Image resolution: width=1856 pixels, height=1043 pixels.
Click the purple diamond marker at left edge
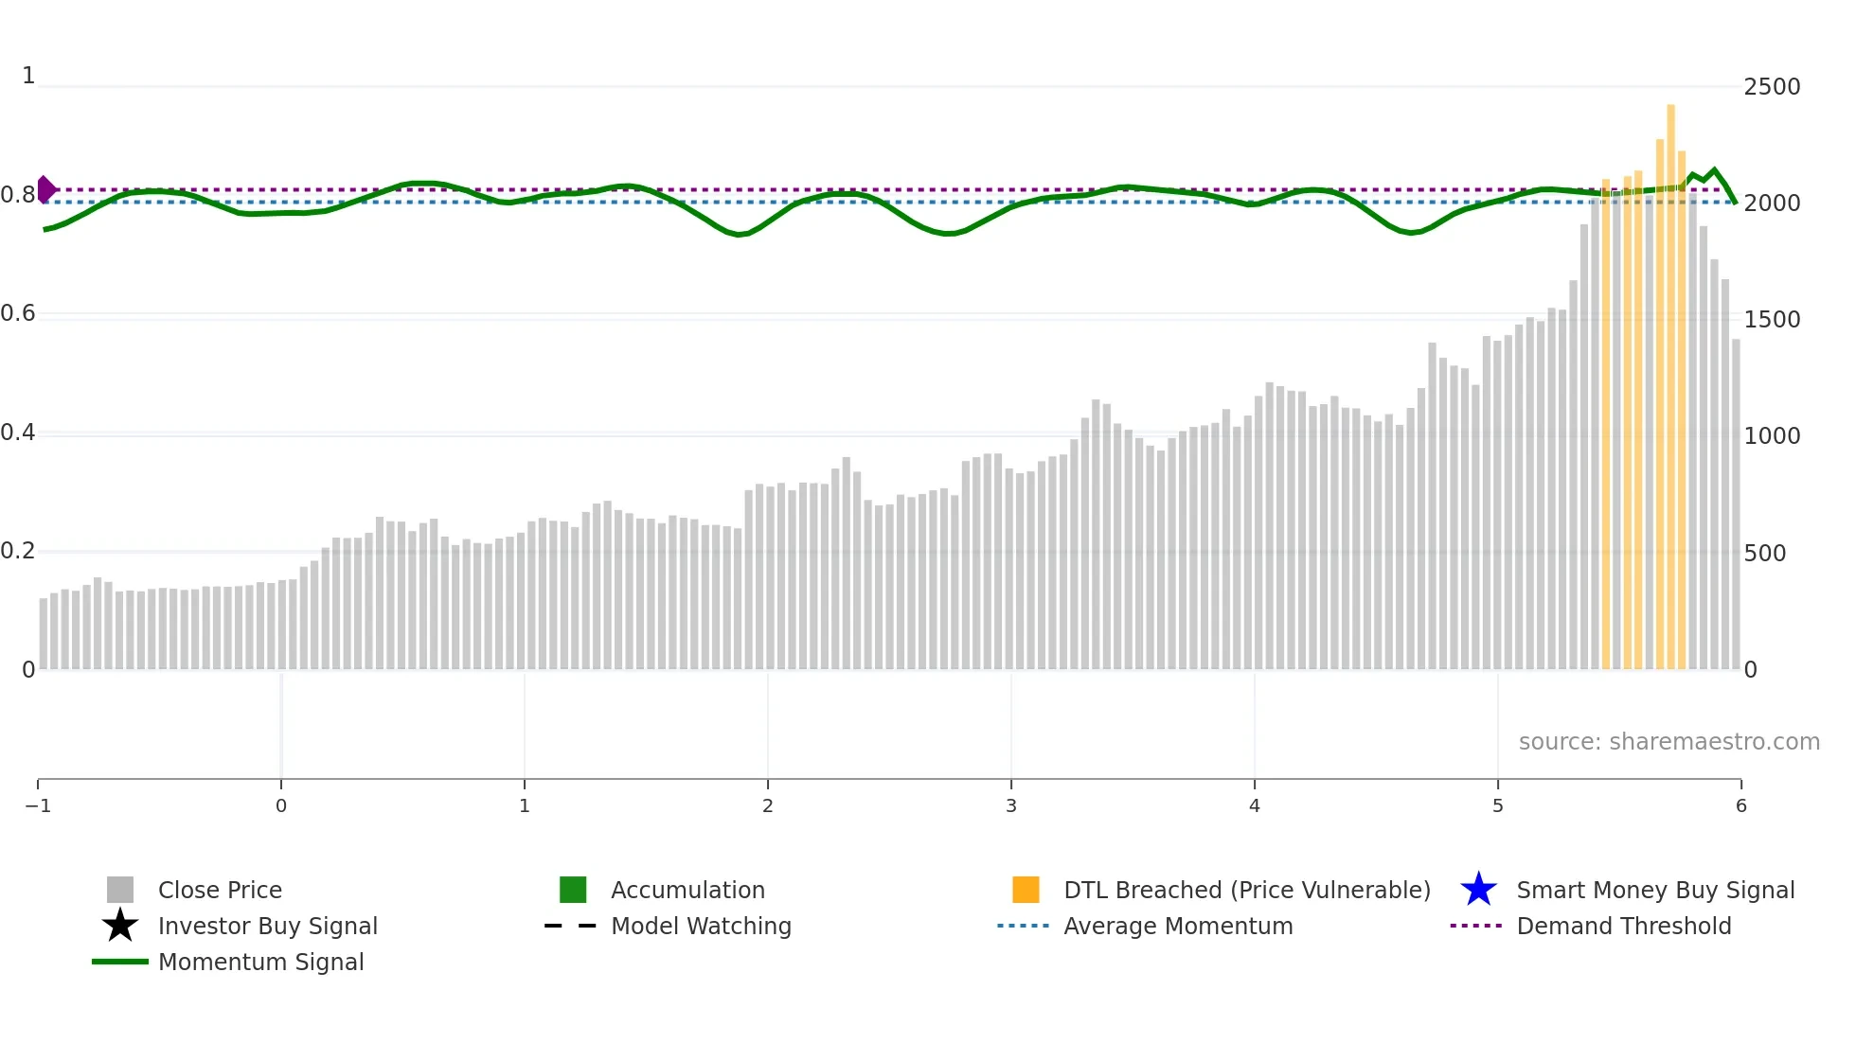[45, 189]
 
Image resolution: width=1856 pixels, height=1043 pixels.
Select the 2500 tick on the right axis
[1772, 87]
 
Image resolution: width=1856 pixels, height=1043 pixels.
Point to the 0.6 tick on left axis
[18, 313]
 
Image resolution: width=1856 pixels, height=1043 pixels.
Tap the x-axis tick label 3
[1010, 805]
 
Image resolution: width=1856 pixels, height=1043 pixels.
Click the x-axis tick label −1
[38, 805]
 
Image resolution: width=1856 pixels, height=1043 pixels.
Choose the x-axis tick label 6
[1740, 805]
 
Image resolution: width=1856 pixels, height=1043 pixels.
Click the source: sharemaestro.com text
[1669, 741]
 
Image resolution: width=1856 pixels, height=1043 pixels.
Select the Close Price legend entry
[220, 890]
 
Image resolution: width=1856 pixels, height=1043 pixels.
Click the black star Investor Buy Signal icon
[120, 926]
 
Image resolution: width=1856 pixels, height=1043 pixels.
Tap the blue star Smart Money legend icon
[1478, 890]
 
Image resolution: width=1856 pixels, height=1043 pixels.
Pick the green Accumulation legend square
[573, 890]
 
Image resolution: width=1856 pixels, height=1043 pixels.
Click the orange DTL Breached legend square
[1026, 890]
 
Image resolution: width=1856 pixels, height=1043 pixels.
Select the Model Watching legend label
[701, 926]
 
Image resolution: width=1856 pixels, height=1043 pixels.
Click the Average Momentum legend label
[1178, 926]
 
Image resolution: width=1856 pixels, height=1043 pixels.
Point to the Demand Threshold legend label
[1623, 926]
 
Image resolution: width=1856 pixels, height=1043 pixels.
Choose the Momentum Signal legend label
[260, 962]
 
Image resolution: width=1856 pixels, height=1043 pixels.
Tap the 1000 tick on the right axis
[1772, 436]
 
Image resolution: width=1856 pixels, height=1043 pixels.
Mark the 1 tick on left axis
[28, 76]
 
